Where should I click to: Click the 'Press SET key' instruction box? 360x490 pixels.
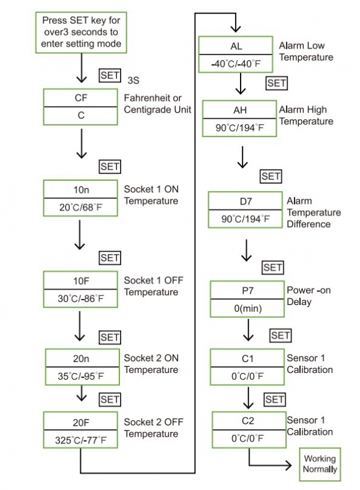coord(81,32)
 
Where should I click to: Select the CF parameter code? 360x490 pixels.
coord(81,98)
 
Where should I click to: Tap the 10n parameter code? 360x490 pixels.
coord(81,189)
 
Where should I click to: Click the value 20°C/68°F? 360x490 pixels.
coord(81,207)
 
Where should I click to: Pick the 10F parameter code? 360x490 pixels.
coord(81,281)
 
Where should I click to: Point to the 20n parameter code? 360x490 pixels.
coord(81,358)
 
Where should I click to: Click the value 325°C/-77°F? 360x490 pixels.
coord(81,440)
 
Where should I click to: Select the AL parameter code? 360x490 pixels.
coord(236,46)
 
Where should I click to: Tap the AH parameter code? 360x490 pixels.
coord(239,110)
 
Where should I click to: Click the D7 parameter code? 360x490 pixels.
coord(246,202)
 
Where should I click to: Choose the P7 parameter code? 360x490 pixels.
coord(247,290)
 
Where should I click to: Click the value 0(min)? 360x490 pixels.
coord(248,309)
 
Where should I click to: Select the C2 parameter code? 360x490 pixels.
coord(248,421)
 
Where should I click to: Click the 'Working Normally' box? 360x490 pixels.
coord(320,464)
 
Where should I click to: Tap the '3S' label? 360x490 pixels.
coord(133,80)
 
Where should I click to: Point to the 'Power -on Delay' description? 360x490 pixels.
coord(309,296)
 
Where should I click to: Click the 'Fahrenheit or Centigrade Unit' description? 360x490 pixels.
coord(157,104)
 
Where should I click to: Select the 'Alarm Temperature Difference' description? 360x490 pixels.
coord(313,213)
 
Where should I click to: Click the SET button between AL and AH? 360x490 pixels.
coord(277,83)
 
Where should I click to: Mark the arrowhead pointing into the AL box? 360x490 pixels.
coord(236,29)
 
